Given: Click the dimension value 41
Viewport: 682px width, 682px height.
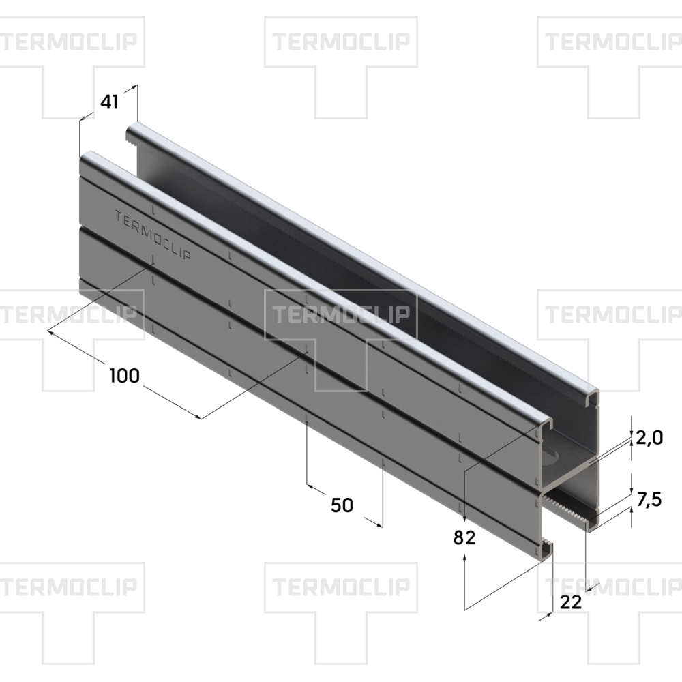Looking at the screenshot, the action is pyautogui.click(x=109, y=102).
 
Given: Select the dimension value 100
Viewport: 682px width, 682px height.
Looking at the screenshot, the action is pyautogui.click(x=124, y=376).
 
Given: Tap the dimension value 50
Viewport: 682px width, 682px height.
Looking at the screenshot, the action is pyautogui.click(x=342, y=505).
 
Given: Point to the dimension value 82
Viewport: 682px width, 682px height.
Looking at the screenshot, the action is pyautogui.click(x=464, y=538).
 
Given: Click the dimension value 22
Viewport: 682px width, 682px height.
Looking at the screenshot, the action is pyautogui.click(x=571, y=602).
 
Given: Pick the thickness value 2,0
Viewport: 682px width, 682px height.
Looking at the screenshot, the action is pyautogui.click(x=649, y=438).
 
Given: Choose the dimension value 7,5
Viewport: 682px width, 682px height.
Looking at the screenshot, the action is pyautogui.click(x=649, y=500).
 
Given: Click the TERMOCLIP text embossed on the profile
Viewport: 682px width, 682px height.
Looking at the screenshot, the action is pyautogui.click(x=153, y=235).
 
